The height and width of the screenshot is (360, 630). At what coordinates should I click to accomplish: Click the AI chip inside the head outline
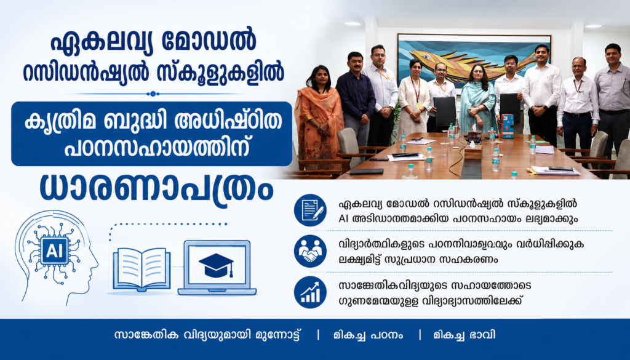55,250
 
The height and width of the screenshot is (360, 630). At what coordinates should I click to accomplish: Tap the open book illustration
142,270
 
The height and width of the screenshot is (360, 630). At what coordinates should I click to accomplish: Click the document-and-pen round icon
310,210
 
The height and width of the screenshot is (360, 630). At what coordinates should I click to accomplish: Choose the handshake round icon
310,252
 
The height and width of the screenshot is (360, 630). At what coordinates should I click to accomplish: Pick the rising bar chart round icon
310,292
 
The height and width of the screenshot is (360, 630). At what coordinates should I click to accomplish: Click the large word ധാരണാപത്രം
156,188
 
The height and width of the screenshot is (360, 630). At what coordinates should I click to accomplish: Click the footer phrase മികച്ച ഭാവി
464,335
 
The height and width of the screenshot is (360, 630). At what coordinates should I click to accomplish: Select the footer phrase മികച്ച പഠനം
368,335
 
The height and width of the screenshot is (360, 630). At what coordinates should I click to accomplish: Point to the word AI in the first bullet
343,219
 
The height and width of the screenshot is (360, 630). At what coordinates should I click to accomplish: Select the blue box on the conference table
508,126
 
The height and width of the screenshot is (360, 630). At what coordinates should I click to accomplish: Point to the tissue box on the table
473,151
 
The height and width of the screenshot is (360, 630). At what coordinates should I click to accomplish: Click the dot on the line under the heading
153,94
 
